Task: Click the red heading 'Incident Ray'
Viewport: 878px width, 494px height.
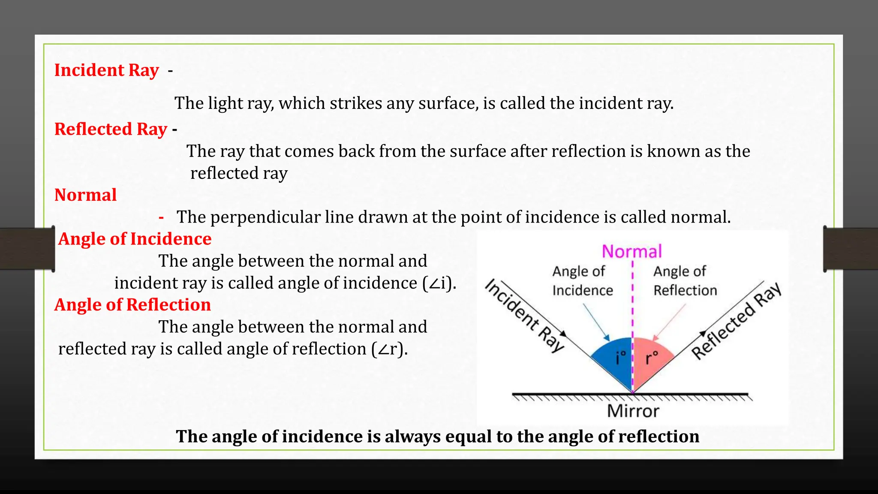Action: pyautogui.click(x=106, y=70)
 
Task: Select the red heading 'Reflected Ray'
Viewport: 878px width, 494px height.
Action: pyautogui.click(x=111, y=129)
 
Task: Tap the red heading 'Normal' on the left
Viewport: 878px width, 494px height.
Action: pyautogui.click(x=85, y=195)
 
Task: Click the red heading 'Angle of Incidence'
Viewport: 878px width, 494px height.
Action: pyautogui.click(x=135, y=239)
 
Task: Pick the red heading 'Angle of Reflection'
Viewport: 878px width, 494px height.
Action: pyautogui.click(x=132, y=305)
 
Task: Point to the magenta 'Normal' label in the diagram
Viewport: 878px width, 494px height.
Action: pyautogui.click(x=631, y=251)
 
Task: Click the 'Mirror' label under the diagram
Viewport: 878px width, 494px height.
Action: pyautogui.click(x=633, y=411)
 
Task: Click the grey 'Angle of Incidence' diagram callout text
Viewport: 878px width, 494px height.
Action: pyautogui.click(x=582, y=281)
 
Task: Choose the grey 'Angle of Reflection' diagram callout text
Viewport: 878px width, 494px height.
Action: pyautogui.click(x=685, y=281)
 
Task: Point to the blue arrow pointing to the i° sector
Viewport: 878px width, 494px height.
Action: pyautogui.click(x=596, y=322)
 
